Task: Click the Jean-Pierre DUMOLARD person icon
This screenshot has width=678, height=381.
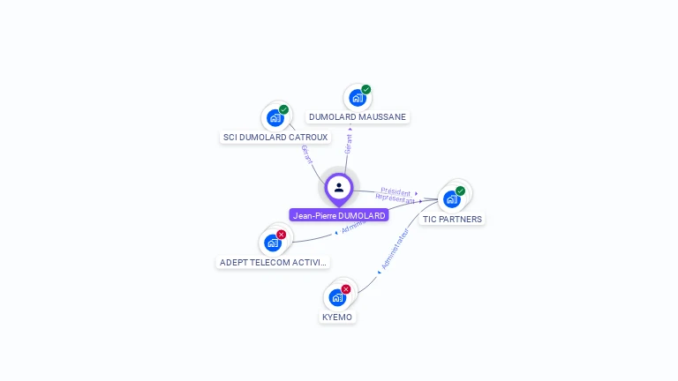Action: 339,187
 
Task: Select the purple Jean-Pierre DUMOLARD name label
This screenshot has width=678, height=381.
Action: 339,215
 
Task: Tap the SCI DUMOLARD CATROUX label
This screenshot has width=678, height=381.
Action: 275,138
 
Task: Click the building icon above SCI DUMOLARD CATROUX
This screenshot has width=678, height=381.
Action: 275,117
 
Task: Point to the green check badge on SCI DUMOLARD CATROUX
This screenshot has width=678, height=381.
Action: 284,109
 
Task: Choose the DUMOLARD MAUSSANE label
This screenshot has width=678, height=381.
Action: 358,116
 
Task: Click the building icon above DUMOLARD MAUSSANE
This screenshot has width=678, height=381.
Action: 357,98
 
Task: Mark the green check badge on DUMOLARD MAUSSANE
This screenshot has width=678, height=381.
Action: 366,90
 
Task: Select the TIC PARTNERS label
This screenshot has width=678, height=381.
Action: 452,219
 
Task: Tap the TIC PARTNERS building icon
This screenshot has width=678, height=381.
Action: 452,198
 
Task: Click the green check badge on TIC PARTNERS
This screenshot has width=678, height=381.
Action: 461,190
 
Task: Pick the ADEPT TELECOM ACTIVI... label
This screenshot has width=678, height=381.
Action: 273,262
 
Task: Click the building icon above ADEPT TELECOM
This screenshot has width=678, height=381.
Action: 273,243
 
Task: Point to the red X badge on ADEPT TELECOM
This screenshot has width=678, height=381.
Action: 282,235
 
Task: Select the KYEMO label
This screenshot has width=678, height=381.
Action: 337,317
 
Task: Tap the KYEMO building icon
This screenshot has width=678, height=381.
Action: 337,297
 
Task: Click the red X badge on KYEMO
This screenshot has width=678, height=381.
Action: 346,289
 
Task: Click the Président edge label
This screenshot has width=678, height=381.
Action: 395,190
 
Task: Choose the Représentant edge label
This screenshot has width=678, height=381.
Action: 395,199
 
